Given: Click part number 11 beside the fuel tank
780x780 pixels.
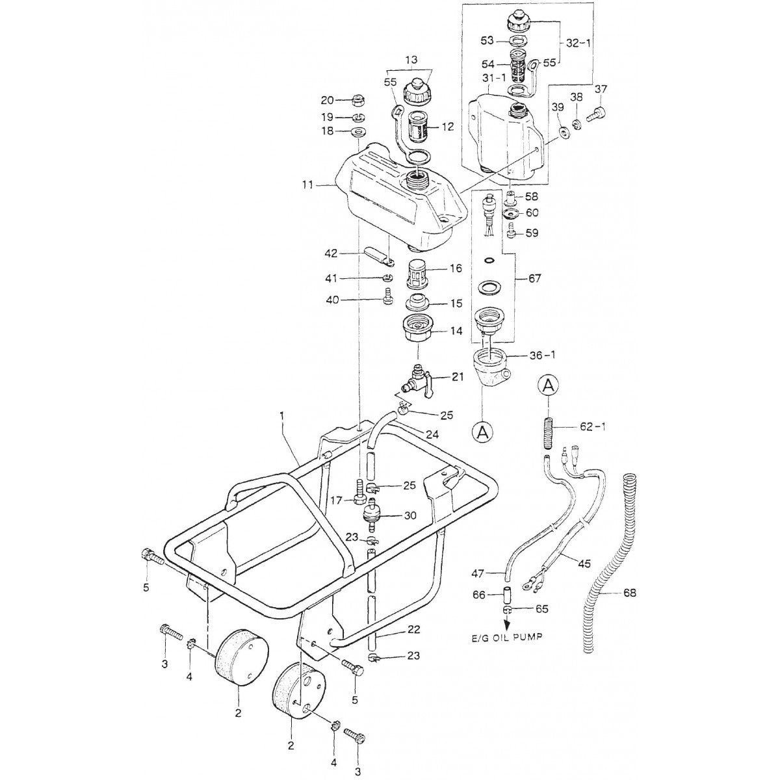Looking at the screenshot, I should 307,185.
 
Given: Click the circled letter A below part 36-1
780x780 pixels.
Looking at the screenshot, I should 482,432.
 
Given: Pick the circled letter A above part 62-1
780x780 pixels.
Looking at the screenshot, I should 548,386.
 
